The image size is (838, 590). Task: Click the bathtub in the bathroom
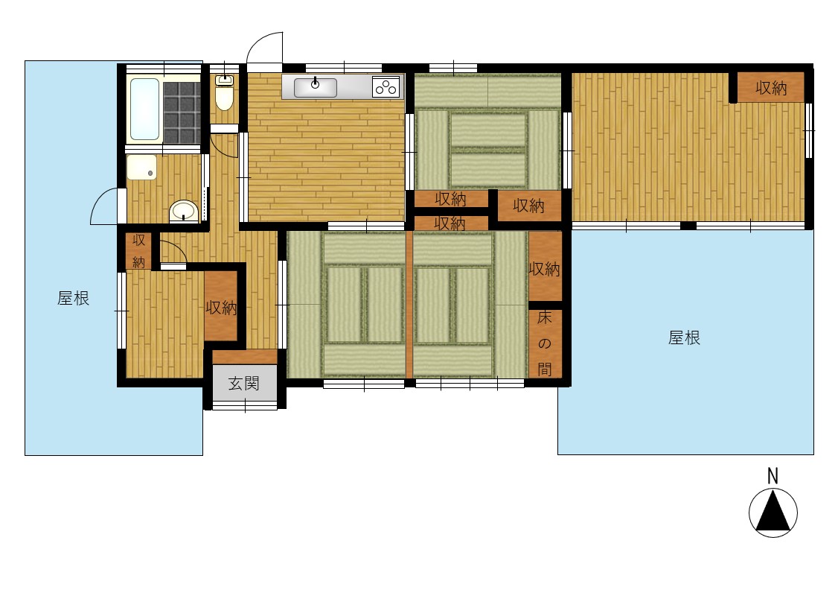tap(145, 110)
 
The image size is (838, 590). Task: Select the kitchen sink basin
tap(316, 87)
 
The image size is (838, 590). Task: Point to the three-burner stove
tap(386, 87)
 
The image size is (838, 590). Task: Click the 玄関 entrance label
tap(244, 383)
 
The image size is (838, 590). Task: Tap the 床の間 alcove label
tap(545, 343)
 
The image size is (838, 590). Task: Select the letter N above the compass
tap(773, 476)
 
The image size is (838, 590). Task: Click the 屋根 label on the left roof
tap(73, 299)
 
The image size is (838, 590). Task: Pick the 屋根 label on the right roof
tap(684, 338)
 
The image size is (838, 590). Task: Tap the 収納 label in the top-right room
tap(771, 88)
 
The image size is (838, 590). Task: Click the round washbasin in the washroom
tap(184, 212)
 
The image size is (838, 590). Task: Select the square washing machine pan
tap(141, 167)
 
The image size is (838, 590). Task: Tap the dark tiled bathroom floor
tap(182, 111)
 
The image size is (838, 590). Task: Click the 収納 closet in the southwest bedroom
tap(221, 306)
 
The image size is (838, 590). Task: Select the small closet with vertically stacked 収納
tap(138, 250)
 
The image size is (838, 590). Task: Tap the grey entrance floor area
tap(245, 383)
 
